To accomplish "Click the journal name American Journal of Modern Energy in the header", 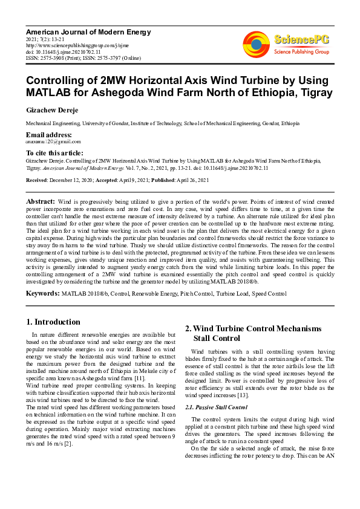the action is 88,32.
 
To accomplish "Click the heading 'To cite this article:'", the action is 54,153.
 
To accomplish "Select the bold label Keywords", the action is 42,293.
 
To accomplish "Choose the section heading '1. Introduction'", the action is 53,322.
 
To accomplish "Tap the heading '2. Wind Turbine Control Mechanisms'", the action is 253,328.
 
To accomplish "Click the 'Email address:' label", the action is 49,134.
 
